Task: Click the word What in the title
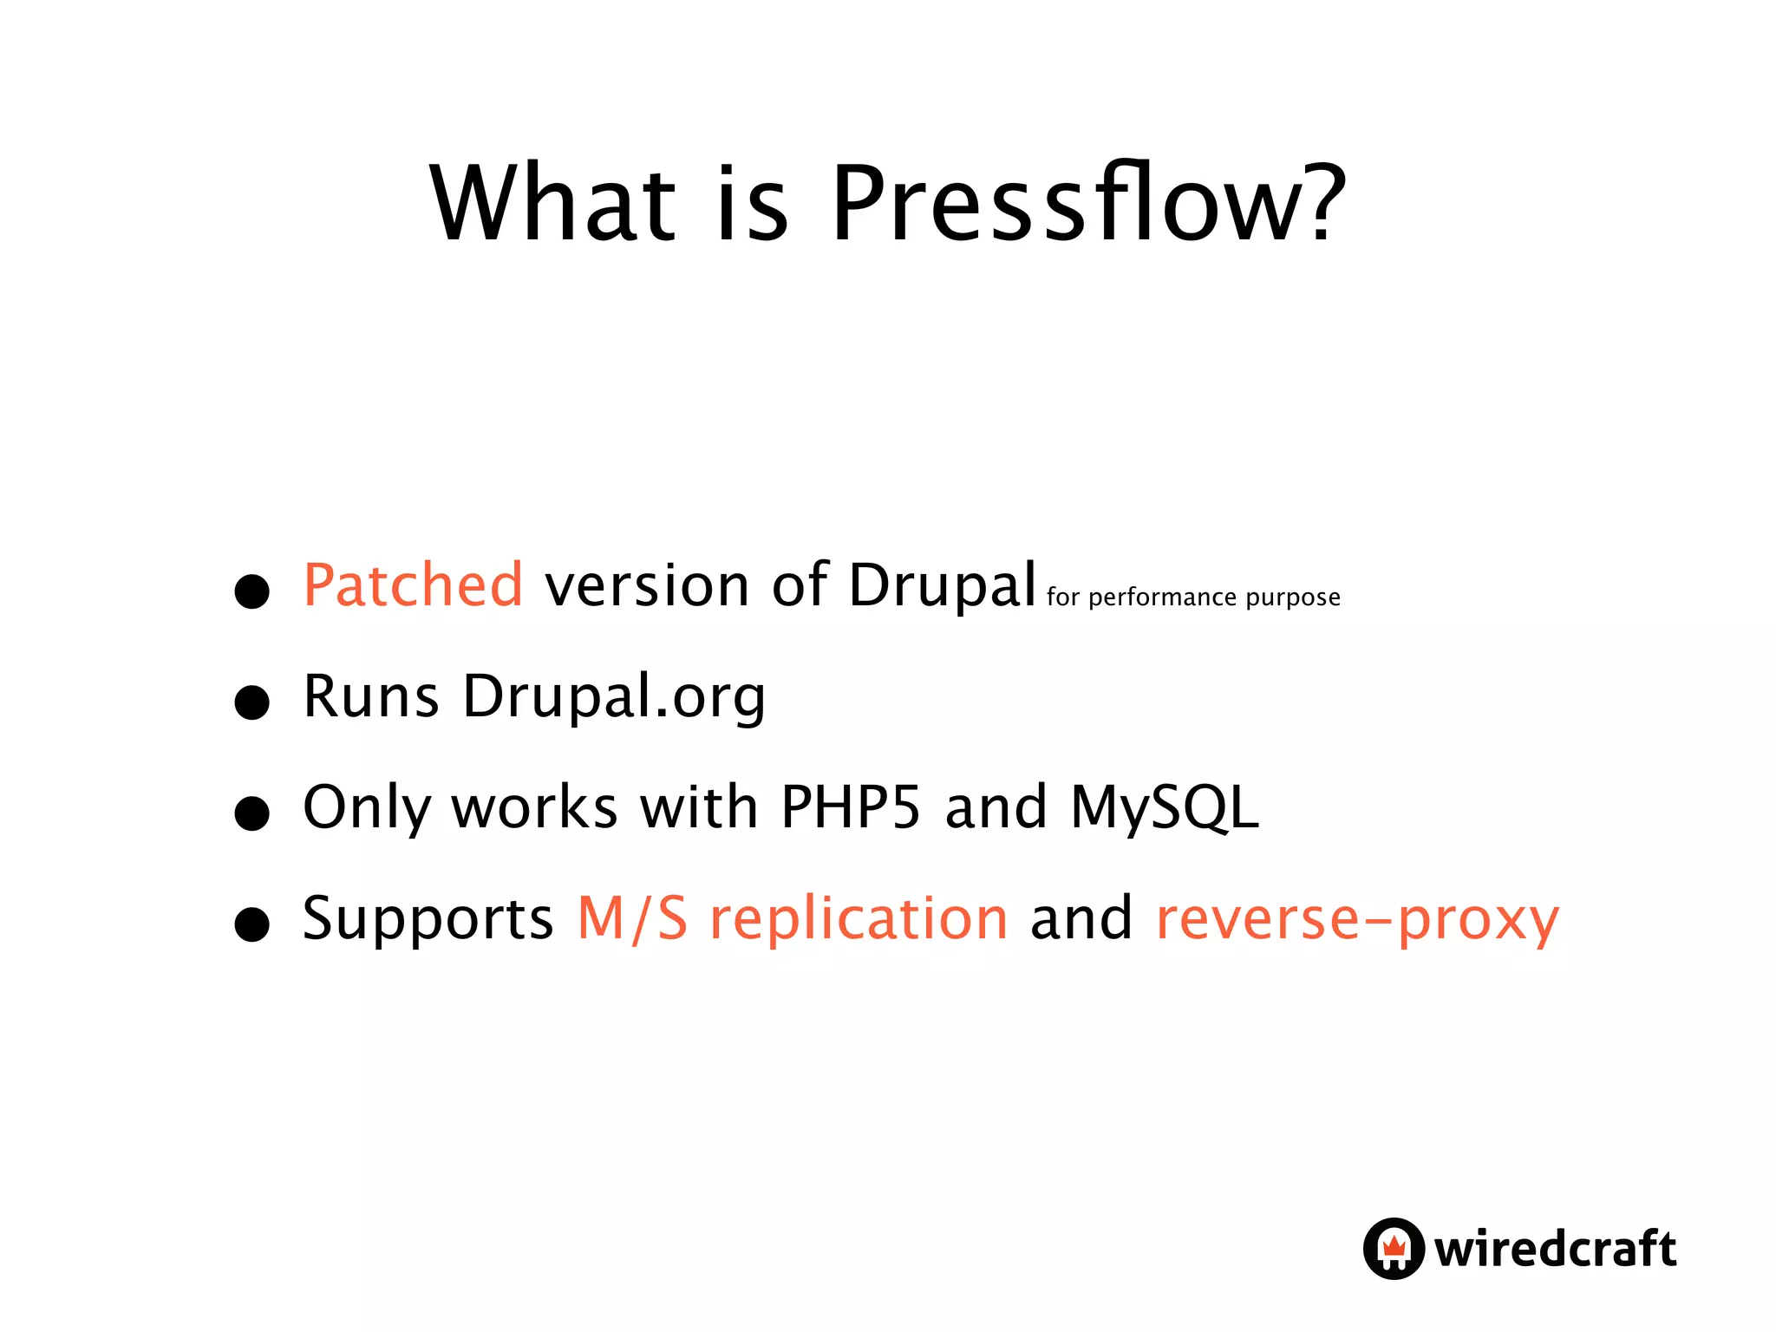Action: (552, 205)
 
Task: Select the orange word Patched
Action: (413, 585)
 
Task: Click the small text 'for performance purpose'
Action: (1193, 597)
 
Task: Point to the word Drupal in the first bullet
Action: (942, 585)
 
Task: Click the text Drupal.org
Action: (614, 696)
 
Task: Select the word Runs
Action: (371, 696)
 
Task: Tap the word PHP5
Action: (850, 807)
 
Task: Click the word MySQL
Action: (1164, 807)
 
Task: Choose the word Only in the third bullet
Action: (366, 807)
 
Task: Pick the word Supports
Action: (428, 918)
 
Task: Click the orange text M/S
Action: (632, 918)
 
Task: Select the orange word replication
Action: (859, 918)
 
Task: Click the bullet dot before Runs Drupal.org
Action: (252, 702)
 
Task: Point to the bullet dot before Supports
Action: (252, 924)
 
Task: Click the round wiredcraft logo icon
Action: (1394, 1249)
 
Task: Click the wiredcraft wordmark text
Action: (1555, 1249)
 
